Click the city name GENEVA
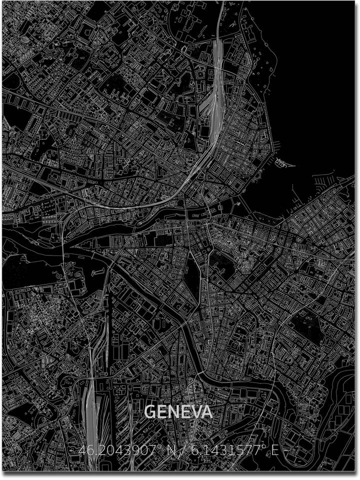click(178, 412)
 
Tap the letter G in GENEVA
click(149, 412)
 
